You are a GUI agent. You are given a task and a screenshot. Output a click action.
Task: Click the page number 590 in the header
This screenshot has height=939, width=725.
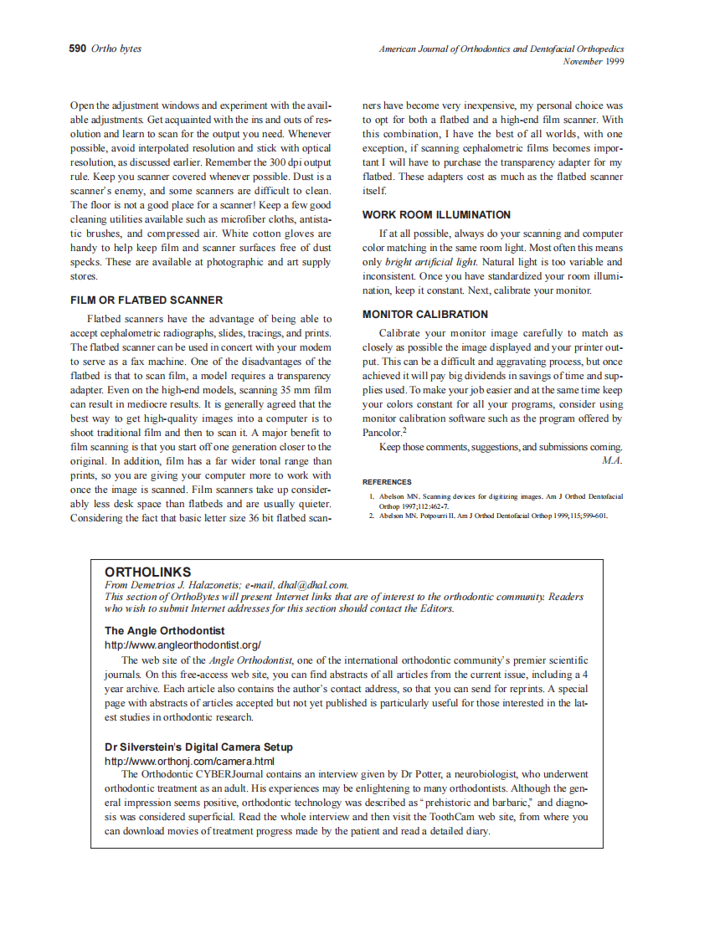pos(77,49)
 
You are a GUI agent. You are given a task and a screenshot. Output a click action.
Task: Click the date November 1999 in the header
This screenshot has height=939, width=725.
pos(593,61)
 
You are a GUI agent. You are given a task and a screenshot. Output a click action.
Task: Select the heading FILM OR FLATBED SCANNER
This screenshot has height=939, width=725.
pos(147,300)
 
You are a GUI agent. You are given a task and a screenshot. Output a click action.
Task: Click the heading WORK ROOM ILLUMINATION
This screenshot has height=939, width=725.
pos(436,215)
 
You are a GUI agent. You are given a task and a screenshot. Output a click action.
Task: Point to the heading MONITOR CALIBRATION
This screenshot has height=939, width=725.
pos(424,315)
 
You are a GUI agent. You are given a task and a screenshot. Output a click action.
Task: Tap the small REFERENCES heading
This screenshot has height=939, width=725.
pos(386,482)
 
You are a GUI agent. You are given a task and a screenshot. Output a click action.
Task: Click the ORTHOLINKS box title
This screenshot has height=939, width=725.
pos(147,572)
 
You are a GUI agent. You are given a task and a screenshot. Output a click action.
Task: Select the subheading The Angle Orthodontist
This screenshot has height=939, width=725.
pos(164,630)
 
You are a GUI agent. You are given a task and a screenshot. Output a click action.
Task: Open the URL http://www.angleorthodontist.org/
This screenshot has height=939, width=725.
pos(183,645)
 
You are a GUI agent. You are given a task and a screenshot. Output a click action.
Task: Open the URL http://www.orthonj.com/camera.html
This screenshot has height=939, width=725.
pos(189,761)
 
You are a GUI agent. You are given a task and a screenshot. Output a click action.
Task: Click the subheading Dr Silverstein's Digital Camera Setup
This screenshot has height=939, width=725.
pos(198,747)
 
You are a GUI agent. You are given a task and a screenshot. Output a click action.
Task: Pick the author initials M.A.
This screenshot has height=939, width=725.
pos(612,460)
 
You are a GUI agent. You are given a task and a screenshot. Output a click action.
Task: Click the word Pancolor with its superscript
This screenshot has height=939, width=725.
pos(384,433)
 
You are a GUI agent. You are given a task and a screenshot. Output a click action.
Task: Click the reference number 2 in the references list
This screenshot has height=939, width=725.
pos(372,516)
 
